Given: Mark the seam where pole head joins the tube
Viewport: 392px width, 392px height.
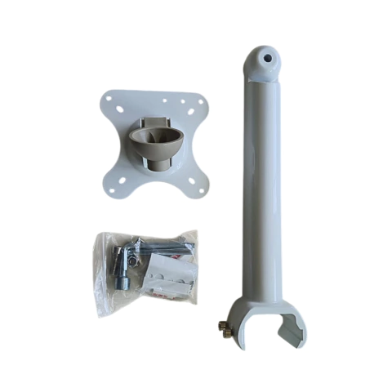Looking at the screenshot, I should [261, 82].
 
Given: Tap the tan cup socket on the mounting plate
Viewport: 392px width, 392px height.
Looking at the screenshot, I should [155, 145].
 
